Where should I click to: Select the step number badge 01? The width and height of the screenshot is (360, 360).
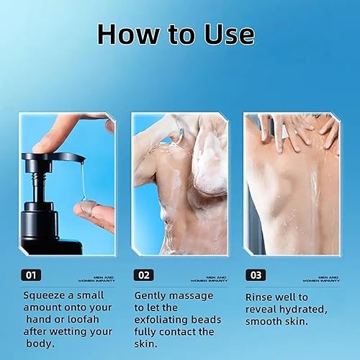pos(31,274)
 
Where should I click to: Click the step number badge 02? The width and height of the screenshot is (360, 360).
pos(143,274)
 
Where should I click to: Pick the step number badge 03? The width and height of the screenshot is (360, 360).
pos(255,274)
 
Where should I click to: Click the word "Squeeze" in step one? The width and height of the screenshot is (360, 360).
pos(45,295)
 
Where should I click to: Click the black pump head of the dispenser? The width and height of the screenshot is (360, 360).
pos(54,157)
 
